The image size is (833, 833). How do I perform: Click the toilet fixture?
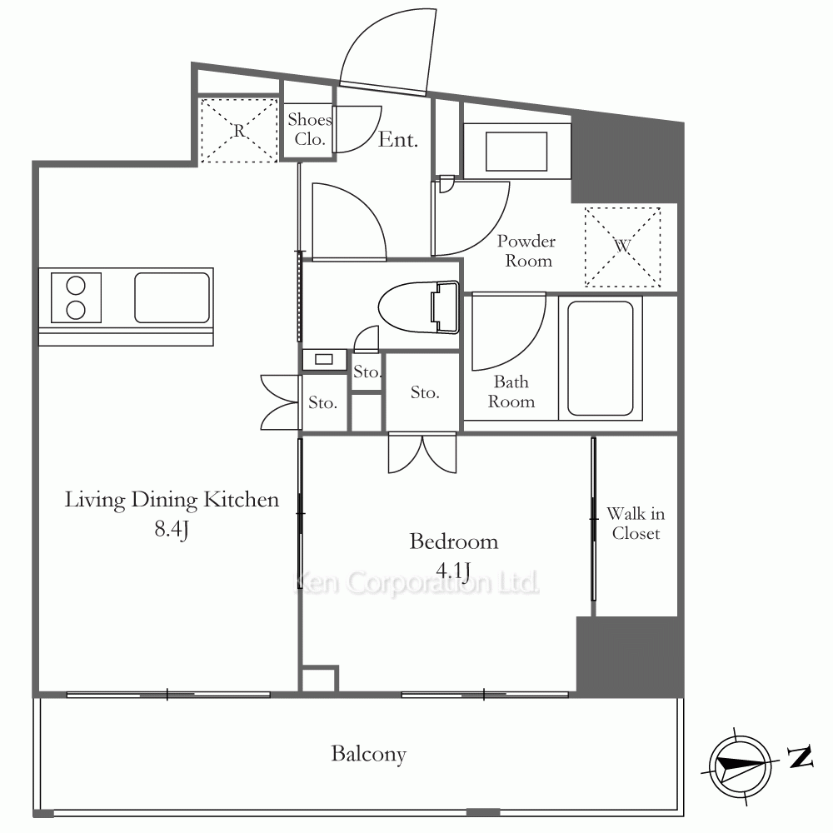click(x=419, y=307)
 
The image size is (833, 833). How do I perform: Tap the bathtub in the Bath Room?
click(x=601, y=358)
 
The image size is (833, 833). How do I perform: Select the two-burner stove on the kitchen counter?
click(x=76, y=297)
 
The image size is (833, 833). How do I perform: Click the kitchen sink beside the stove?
click(x=172, y=297)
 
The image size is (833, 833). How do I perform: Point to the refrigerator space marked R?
click(x=239, y=130)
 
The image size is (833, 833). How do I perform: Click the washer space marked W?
click(x=622, y=247)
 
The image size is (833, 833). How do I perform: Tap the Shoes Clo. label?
click(x=310, y=129)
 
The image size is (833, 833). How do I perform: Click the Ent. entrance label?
click(x=398, y=140)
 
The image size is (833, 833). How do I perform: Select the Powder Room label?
click(x=526, y=251)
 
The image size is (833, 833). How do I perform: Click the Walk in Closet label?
click(x=636, y=523)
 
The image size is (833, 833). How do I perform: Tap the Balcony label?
click(x=369, y=754)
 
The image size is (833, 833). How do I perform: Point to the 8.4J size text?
click(x=172, y=529)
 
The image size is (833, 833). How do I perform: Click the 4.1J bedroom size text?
click(x=453, y=571)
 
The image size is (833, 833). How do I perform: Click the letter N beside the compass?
click(x=800, y=757)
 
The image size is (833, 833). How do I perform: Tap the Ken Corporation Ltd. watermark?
click(x=416, y=583)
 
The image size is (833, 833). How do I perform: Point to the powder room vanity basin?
click(x=516, y=152)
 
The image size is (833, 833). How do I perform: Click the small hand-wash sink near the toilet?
click(x=324, y=360)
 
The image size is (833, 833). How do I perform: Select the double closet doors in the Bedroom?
click(x=422, y=453)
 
